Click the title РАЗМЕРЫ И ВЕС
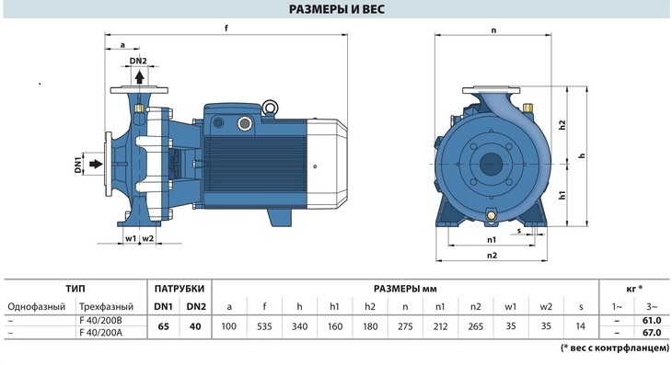click(x=336, y=9)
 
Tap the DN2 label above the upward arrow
click(x=138, y=61)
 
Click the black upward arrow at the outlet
click(x=139, y=77)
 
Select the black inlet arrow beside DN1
click(x=96, y=164)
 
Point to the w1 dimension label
click(x=131, y=238)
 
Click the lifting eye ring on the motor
click(x=271, y=107)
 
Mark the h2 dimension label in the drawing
click(x=562, y=125)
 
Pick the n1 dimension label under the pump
click(x=492, y=240)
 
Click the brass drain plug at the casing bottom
click(x=492, y=214)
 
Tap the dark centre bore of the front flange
click(x=492, y=164)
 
